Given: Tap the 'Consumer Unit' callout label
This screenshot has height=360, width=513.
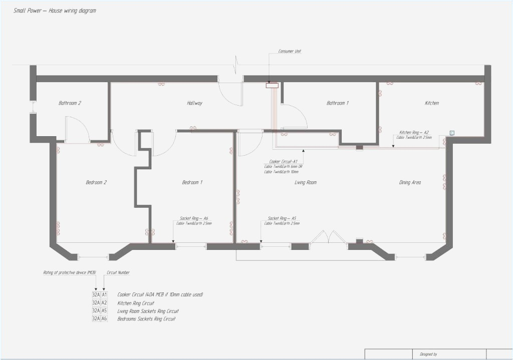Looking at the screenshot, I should click(289, 51).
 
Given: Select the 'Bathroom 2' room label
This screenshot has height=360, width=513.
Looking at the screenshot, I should click(70, 103).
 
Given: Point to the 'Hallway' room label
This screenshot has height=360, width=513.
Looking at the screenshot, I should click(194, 103).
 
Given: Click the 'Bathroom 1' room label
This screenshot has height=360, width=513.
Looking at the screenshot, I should click(337, 103).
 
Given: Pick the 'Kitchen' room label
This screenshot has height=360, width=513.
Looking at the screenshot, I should click(431, 103).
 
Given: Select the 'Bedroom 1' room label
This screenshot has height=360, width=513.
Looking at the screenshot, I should click(192, 183).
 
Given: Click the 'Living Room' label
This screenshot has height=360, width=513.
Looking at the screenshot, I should click(305, 183).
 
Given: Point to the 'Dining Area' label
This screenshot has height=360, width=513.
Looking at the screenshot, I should click(409, 183).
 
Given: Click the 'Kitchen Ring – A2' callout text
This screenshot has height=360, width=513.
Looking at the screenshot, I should click(414, 132).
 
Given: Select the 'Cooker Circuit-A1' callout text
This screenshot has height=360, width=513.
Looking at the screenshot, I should click(284, 162).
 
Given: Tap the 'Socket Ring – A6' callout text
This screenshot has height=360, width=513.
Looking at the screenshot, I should click(193, 218).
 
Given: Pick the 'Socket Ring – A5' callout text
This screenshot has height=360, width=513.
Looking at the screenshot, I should click(282, 218).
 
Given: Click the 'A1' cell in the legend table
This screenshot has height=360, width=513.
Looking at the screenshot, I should click(104, 295).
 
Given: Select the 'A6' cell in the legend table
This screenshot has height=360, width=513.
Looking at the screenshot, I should click(104, 318).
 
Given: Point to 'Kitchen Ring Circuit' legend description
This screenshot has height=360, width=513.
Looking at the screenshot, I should click(135, 303).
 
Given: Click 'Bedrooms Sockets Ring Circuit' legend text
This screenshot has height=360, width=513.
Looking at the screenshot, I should click(146, 318).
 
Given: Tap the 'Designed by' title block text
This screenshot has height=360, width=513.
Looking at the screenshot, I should click(425, 354).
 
